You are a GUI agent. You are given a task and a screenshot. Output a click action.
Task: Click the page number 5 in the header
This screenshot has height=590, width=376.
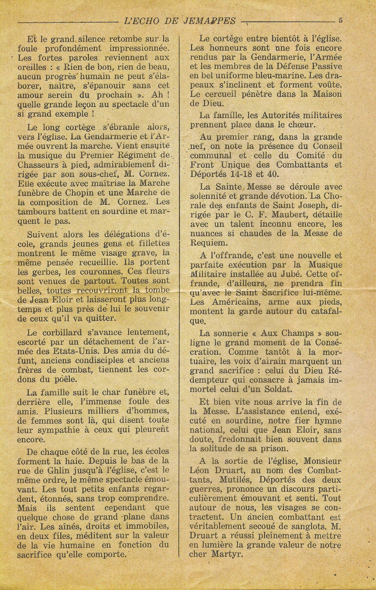click(x=340, y=21)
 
